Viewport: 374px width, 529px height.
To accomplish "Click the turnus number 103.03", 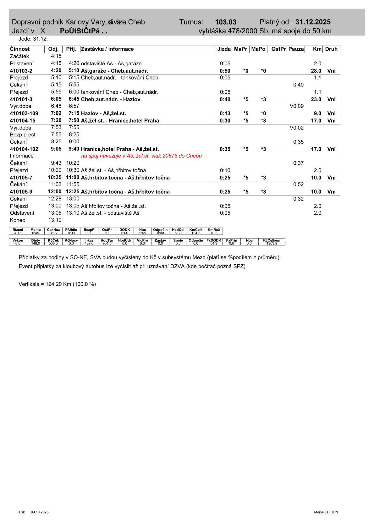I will (x=225, y=22).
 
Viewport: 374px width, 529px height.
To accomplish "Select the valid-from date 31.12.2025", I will (x=313, y=22).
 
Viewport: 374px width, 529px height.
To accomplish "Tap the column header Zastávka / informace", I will (x=107, y=49).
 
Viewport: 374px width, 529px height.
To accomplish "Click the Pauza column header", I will (x=296, y=49).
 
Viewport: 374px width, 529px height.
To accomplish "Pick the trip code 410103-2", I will (x=21, y=71).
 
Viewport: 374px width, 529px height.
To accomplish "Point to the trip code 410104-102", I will (x=24, y=149).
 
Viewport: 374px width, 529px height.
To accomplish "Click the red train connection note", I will (x=141, y=156).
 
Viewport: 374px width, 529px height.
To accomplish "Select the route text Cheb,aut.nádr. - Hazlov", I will (x=111, y=99).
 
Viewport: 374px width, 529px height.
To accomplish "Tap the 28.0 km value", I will (x=316, y=71).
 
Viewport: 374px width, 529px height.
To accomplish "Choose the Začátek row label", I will (x=19, y=56).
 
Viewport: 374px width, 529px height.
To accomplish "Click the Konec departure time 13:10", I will (x=55, y=220).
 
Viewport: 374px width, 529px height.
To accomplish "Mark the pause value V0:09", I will (x=296, y=106).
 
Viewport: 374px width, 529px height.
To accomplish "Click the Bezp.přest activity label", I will (x=23, y=135).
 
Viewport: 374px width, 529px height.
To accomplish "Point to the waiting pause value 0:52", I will (x=298, y=185).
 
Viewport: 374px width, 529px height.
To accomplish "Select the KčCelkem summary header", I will (x=272, y=240).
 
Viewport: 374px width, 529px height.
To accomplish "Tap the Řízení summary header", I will (x=18, y=230).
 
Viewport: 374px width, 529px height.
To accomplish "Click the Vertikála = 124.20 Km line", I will (x=57, y=284).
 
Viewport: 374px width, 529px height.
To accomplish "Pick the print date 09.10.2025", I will (x=40, y=512).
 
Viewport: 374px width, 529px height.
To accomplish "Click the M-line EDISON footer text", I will (x=326, y=512).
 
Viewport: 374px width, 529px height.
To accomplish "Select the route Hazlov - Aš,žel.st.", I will (x=103, y=113).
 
